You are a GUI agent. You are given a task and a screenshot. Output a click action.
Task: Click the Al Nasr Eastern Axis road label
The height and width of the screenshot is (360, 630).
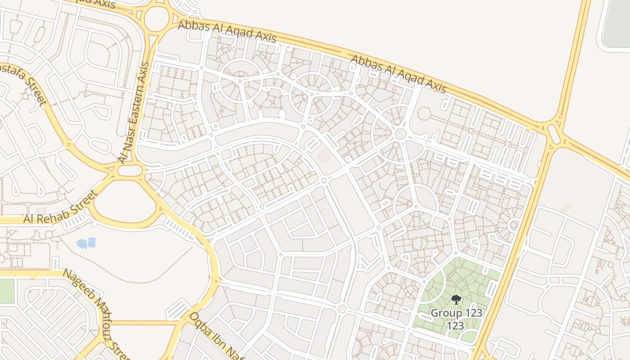134,112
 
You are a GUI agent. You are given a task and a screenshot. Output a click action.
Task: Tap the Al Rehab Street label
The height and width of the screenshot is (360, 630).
60,208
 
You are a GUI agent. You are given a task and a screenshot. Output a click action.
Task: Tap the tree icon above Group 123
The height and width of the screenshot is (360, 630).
456,300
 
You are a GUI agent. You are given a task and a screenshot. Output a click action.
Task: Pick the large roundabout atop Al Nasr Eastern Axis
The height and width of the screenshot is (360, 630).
157,19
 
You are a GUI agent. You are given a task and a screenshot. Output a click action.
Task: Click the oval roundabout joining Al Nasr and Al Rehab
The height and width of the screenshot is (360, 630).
130,171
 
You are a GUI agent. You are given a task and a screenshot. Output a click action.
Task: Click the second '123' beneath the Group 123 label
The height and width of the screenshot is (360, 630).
456,325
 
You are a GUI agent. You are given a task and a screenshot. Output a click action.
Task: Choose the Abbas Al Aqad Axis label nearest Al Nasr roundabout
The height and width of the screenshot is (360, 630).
227,31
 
